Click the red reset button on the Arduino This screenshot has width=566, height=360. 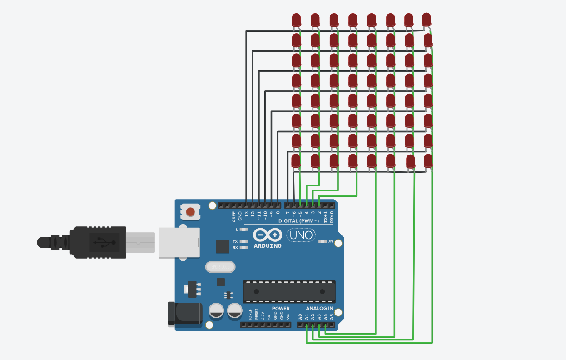coord(191,212)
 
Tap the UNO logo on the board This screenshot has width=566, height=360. coord(300,235)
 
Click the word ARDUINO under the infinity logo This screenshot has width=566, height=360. coord(267,246)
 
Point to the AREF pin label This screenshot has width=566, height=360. coord(234,216)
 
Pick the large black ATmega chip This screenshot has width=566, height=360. coord(289,291)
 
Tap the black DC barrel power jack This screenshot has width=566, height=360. coord(186,313)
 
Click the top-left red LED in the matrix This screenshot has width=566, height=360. coord(296,20)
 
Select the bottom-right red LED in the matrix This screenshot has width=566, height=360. coord(428,160)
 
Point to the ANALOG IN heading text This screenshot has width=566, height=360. coord(319,308)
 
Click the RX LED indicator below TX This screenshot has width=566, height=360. coord(244,248)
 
